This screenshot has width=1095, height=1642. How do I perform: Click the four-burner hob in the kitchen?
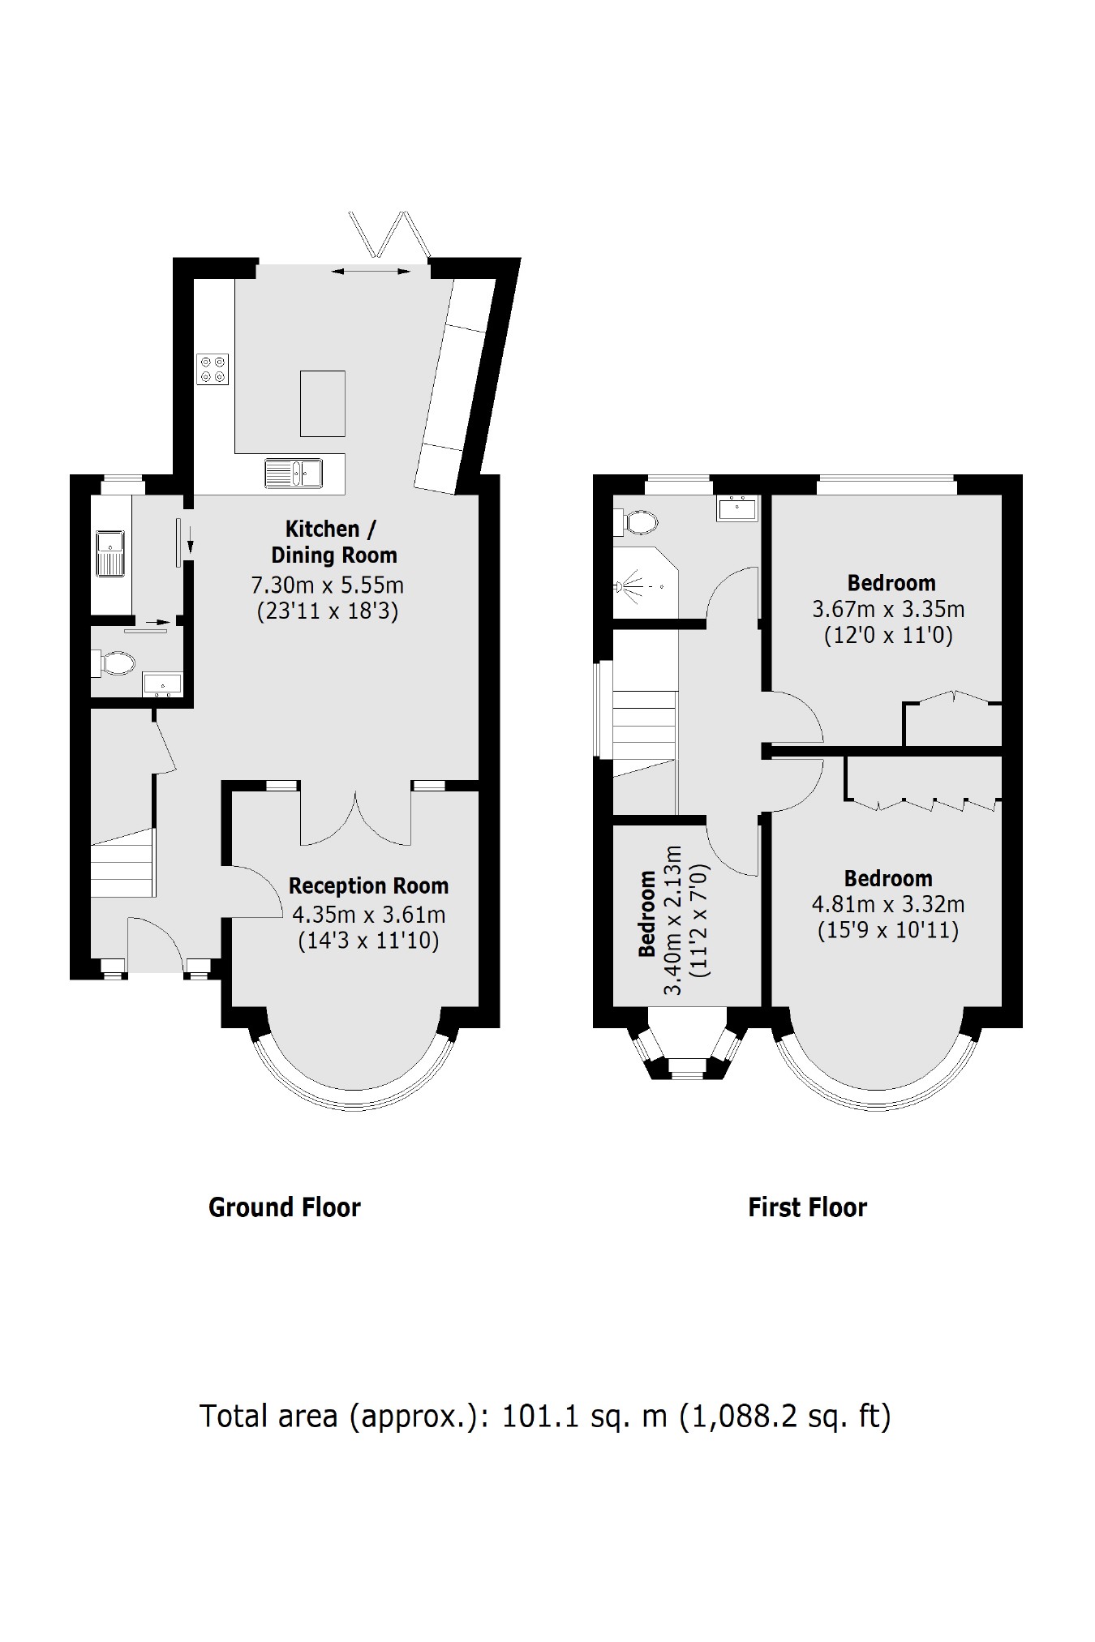pyautogui.click(x=213, y=369)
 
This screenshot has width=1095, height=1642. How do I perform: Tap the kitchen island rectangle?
pyautogui.click(x=323, y=404)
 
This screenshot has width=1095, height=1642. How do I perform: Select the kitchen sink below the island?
pyautogui.click(x=294, y=474)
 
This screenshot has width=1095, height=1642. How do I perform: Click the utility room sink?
pyautogui.click(x=109, y=553)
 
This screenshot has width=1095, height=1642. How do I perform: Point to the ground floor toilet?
pyautogui.click(x=114, y=663)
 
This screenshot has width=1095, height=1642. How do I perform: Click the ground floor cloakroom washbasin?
pyautogui.click(x=162, y=685)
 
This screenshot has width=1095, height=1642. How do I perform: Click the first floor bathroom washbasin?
pyautogui.click(x=737, y=508)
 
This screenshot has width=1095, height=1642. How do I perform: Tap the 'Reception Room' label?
pyautogui.click(x=368, y=885)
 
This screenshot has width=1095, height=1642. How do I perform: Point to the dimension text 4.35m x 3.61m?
pyautogui.click(x=368, y=915)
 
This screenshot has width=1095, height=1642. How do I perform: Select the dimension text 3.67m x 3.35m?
pyautogui.click(x=888, y=609)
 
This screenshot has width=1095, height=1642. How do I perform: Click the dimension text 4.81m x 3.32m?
pyautogui.click(x=888, y=904)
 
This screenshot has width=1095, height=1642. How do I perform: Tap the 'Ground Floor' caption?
pyautogui.click(x=285, y=1207)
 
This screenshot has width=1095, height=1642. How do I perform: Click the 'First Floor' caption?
pyautogui.click(x=807, y=1207)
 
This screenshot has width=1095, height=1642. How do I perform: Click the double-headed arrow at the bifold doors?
pyautogui.click(x=371, y=272)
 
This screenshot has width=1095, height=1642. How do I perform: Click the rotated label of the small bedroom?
pyautogui.click(x=647, y=913)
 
